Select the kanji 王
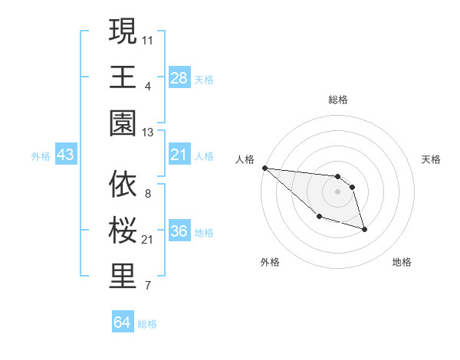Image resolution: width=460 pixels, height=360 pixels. coord(123,77)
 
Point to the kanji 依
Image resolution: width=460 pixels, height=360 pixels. coord(123,185)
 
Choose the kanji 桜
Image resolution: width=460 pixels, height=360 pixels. coord(123,231)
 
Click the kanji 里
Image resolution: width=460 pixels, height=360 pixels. coord(123,277)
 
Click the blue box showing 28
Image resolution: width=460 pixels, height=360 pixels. coord(179,78)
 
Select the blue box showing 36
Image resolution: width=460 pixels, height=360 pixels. coord(179,232)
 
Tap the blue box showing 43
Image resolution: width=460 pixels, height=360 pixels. coord(66,155)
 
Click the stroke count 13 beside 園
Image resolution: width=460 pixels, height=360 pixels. coord(148,133)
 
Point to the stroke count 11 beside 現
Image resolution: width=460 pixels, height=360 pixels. coord(148,38)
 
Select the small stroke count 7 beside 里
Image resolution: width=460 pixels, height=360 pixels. coord(148,286)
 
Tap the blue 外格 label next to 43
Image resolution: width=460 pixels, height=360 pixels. coord(41,156)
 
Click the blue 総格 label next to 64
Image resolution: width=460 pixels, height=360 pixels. coord(147,324)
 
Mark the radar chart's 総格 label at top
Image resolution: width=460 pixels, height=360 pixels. coord(338,100)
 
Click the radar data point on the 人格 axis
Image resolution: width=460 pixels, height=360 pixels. coord(264,168)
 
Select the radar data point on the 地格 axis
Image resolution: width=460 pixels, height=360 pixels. coord(364,229)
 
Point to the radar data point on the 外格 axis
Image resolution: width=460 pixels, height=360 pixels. coord(319,217)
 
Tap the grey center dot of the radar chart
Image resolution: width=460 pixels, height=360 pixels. coord(338,191)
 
